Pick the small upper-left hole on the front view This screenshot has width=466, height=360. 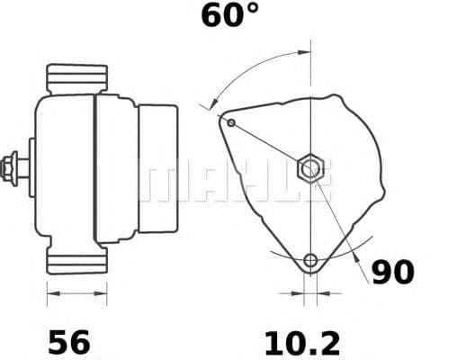pos(231,122)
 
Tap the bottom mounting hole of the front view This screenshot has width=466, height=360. pos(311,261)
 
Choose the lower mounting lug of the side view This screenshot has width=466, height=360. pos(77,260)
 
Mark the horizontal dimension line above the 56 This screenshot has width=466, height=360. pos(76,292)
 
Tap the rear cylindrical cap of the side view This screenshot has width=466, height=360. pos(157,167)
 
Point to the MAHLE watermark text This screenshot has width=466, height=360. pos(234,180)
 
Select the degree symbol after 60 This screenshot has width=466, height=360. pos(251,10)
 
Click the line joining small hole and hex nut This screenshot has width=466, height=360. pos(268,144)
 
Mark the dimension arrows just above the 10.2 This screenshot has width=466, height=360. pos(311,292)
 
